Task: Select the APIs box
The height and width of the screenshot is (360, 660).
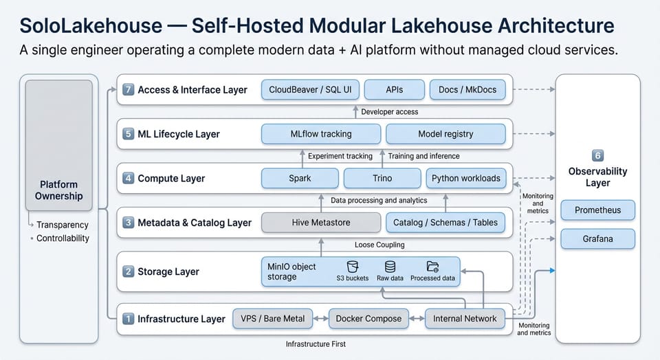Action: (x=394, y=89)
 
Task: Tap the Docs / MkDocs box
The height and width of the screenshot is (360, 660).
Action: (x=467, y=89)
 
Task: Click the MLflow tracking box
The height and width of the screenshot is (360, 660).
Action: (x=321, y=134)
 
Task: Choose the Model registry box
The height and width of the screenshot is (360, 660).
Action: (x=445, y=134)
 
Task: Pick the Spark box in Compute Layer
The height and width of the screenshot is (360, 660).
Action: (x=300, y=178)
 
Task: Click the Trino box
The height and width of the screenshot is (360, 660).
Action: (x=382, y=178)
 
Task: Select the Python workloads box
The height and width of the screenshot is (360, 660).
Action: (x=466, y=178)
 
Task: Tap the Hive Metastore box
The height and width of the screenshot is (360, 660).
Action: (x=321, y=223)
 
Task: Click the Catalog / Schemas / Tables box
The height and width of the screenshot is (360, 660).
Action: (x=446, y=223)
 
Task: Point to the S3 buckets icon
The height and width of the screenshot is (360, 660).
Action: (x=353, y=267)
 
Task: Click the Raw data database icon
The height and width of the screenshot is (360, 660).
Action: (x=390, y=267)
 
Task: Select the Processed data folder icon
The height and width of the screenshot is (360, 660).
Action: (x=432, y=267)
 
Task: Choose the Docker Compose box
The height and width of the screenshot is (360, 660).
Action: (x=368, y=318)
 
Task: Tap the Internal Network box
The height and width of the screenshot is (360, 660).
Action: (x=465, y=318)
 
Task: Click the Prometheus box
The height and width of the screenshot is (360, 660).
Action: (x=597, y=210)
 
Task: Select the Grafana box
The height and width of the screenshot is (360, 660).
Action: (x=597, y=239)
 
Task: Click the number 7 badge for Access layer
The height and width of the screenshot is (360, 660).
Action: (x=128, y=90)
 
